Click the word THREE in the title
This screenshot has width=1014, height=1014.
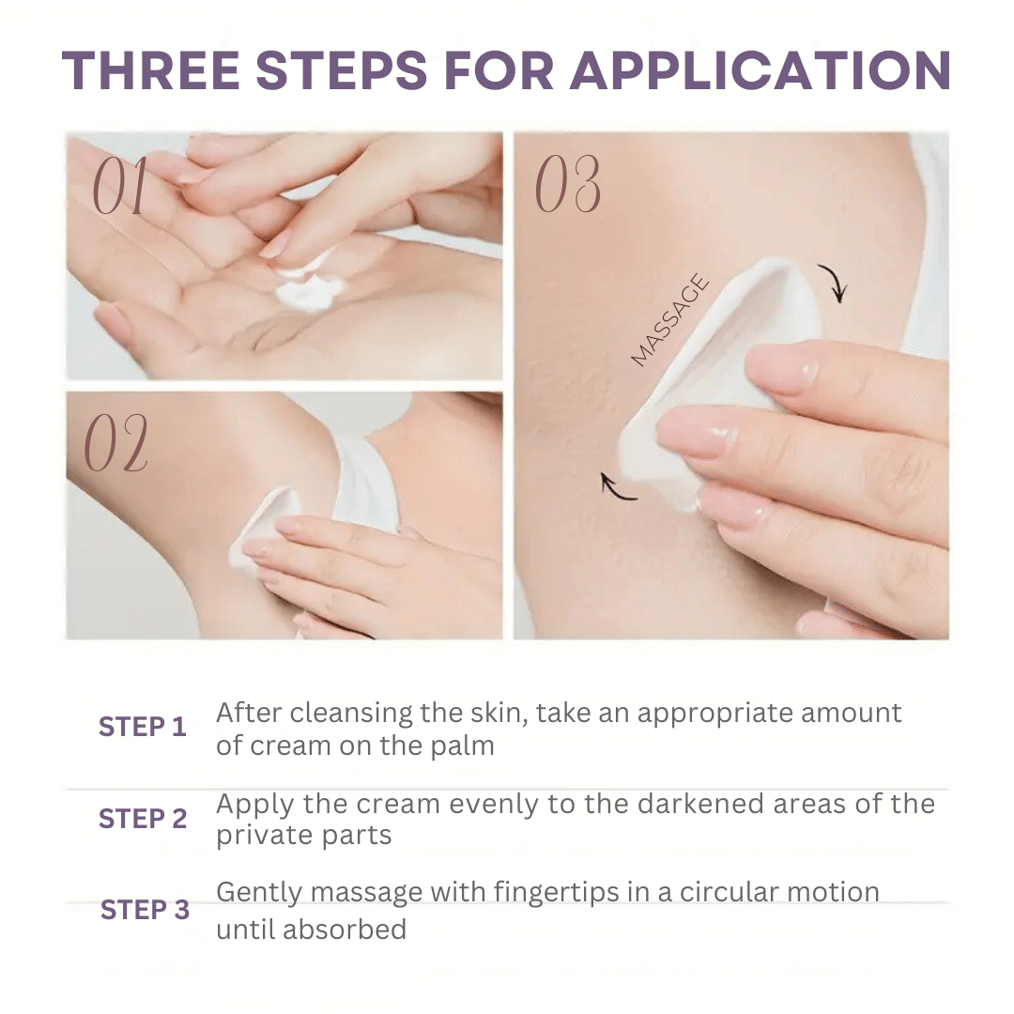(x=151, y=70)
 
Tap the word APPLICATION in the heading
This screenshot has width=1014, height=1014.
(x=760, y=70)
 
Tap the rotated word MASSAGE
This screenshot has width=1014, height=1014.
(x=670, y=320)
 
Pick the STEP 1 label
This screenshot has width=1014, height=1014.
(x=143, y=727)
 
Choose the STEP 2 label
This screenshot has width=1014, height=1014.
(x=143, y=819)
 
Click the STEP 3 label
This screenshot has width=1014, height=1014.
(x=145, y=910)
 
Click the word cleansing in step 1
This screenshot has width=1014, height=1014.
(x=351, y=714)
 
